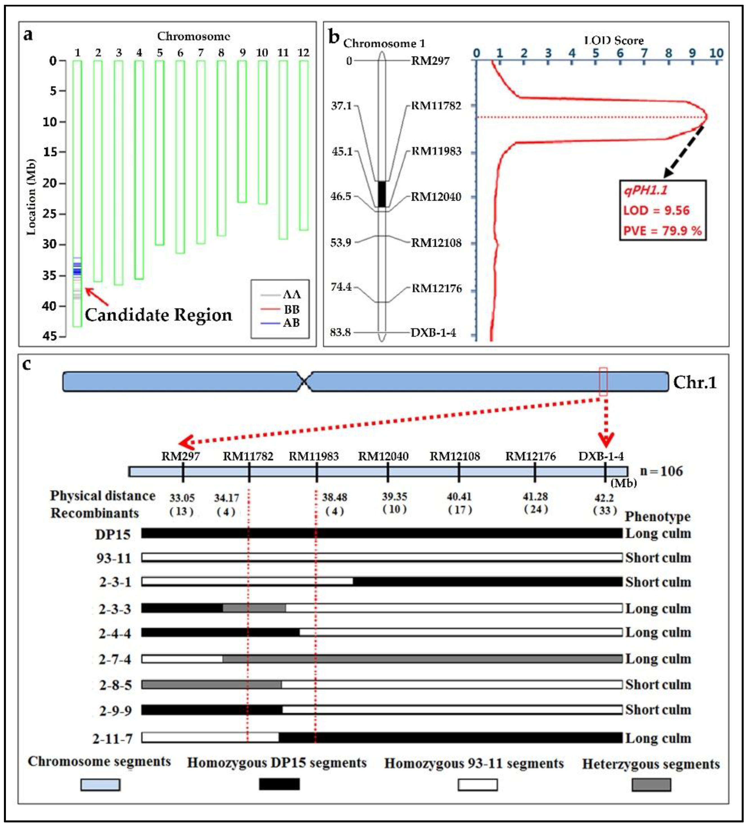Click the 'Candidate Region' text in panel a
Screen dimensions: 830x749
coord(158,315)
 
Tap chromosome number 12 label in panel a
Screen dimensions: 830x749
coord(303,53)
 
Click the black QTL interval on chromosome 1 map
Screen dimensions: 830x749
coord(382,194)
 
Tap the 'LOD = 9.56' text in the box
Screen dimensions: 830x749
coord(656,210)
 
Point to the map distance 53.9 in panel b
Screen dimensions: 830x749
coord(341,242)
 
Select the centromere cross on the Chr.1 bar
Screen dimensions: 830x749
coord(304,382)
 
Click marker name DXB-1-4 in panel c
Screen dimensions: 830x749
coord(601,456)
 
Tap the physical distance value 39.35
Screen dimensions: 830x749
coord(394,497)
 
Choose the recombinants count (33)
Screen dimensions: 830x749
coord(605,511)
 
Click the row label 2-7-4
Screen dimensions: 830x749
coord(115,659)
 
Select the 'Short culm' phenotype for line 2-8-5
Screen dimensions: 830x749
coord(658,684)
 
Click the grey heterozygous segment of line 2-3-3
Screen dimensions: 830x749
coord(254,608)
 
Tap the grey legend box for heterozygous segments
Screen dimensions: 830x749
coord(651,785)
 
